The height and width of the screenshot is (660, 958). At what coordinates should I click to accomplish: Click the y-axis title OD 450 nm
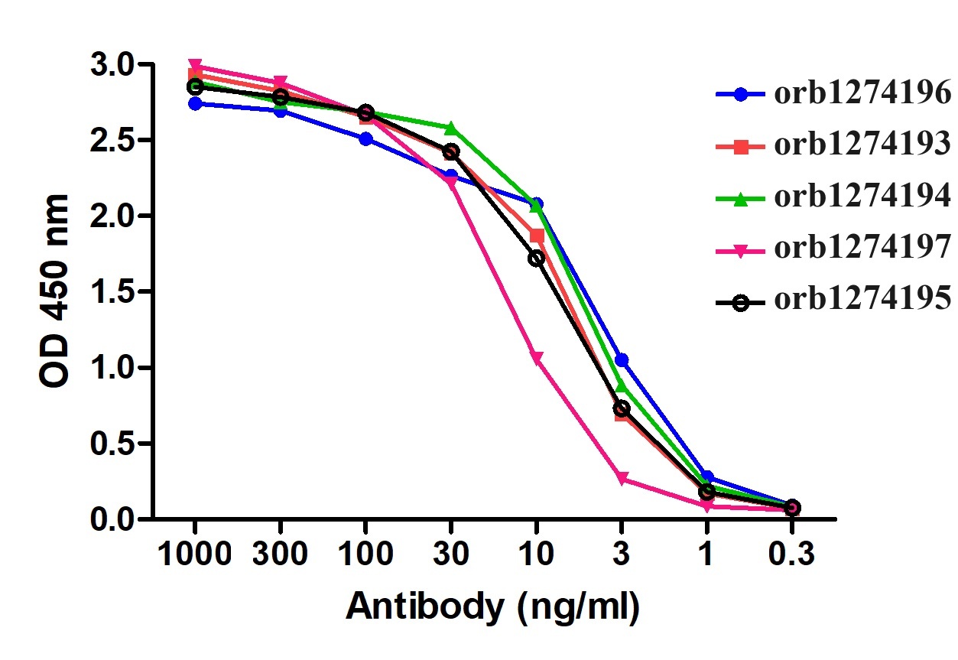(55, 291)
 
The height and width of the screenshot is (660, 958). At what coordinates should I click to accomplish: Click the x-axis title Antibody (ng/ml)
(492, 607)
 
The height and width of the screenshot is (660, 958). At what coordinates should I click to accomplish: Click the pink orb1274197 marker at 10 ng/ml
(536, 359)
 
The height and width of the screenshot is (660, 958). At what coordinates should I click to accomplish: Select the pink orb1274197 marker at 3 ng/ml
(622, 479)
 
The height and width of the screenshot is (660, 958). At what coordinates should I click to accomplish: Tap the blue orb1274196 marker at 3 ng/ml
(622, 359)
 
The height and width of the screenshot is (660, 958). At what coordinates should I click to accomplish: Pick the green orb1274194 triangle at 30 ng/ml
(450, 128)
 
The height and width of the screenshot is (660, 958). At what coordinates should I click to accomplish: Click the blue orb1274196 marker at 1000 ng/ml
(195, 103)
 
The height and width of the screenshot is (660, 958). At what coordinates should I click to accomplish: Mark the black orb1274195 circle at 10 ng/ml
(536, 258)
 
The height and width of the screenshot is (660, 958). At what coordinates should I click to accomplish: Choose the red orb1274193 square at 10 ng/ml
(537, 236)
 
